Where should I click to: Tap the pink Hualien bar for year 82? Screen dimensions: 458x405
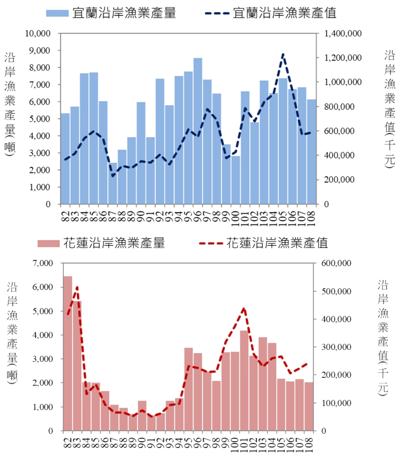68,353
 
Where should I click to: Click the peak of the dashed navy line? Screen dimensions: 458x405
283,54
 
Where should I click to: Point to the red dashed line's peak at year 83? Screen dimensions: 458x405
77,287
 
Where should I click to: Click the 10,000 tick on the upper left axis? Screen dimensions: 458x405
38,34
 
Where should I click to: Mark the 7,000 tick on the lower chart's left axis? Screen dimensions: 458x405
43,263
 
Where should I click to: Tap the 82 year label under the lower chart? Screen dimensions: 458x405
68,441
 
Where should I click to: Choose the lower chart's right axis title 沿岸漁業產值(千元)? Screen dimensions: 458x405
383,338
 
